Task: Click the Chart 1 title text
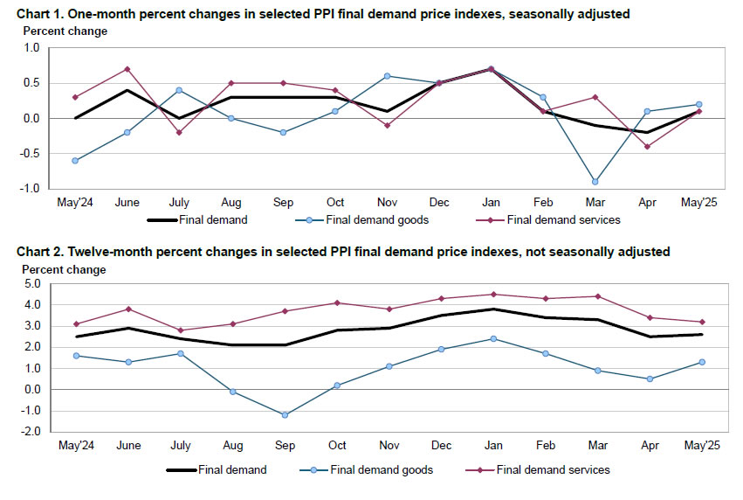(323, 15)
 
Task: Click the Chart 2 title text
(343, 252)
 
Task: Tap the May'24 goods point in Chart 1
(75, 161)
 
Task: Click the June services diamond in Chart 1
(127, 69)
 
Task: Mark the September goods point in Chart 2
(285, 414)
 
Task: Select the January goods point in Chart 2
(494, 338)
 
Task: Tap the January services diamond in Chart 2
(494, 295)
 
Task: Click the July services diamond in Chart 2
(180, 330)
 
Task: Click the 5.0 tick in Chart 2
(33, 284)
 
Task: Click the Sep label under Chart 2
(285, 445)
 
